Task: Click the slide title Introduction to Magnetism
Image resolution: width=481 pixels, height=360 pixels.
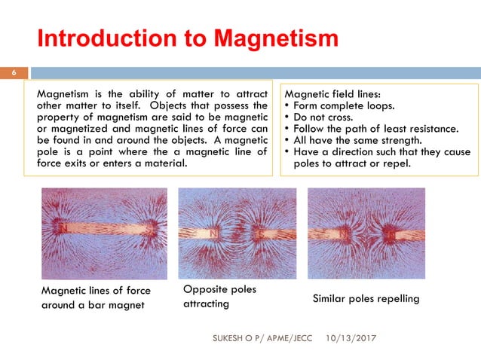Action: pos(188,38)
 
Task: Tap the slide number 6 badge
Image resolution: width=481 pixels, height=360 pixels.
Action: pos(13,73)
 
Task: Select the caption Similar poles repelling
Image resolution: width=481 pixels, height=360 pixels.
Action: pos(366,299)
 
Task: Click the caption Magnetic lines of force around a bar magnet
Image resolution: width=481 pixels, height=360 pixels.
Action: pos(96,297)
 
